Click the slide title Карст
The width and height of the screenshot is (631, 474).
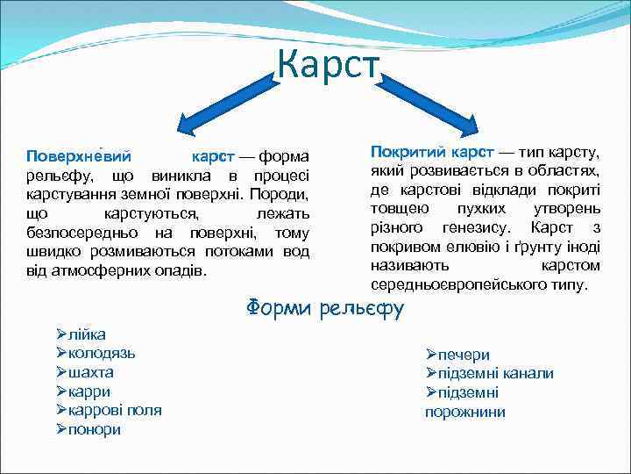click(328, 63)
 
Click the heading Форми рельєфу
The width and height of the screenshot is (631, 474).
click(325, 308)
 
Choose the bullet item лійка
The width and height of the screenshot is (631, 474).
click(87, 334)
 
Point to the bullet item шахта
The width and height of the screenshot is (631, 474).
click(91, 372)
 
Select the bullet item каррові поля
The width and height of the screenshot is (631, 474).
click(115, 410)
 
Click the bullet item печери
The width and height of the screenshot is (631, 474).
click(464, 355)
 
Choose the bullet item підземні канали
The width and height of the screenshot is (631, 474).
click(495, 374)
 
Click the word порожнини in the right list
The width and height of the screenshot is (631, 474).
click(465, 412)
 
